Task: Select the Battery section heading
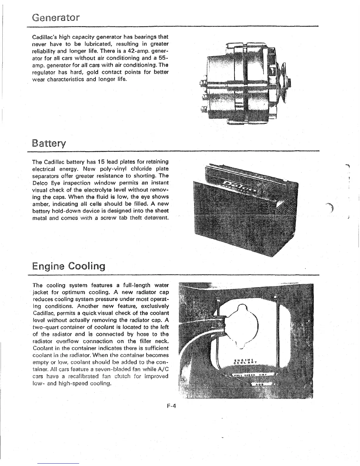point(49,144)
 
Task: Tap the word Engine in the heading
point(48,267)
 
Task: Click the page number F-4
point(171,406)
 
